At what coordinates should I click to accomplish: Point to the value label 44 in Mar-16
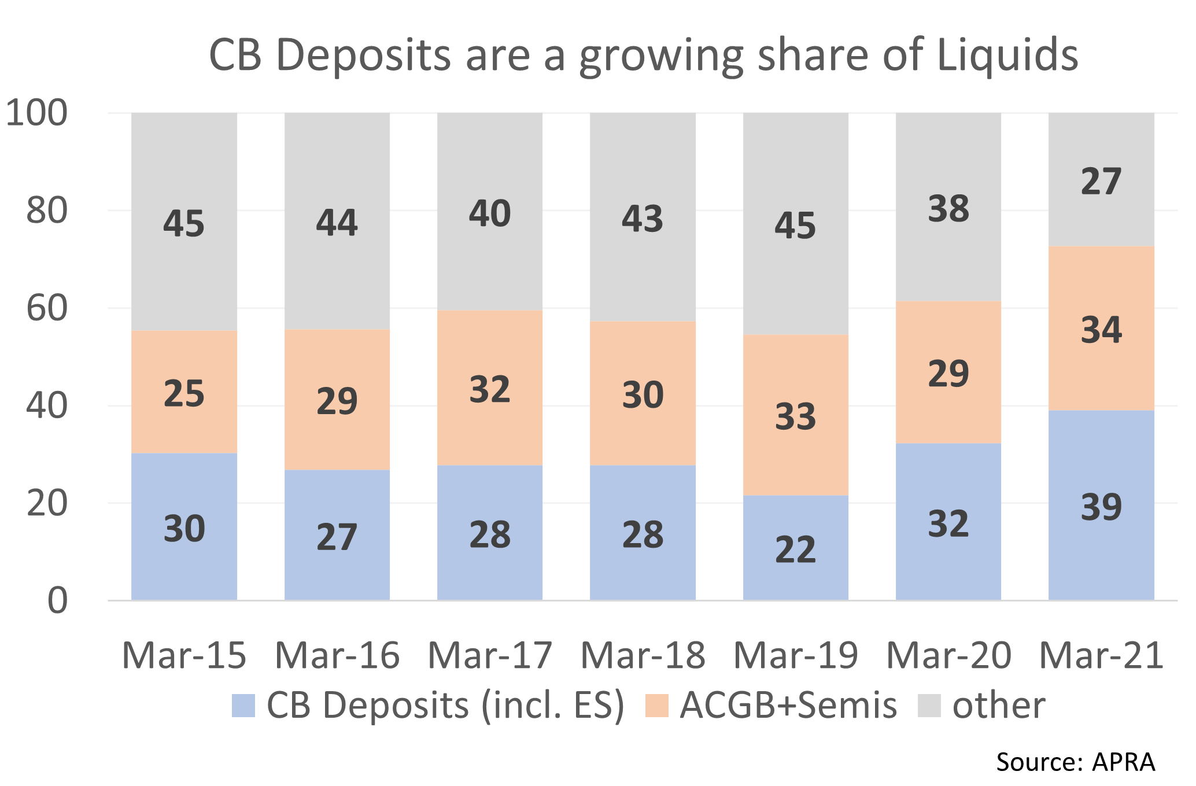[337, 223]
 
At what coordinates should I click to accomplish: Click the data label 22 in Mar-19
[795, 549]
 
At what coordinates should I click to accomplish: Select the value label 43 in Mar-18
[642, 219]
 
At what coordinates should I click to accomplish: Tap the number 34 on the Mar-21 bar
[1101, 330]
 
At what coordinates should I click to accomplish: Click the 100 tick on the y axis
[36, 113]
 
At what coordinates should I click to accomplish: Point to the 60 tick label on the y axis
[46, 308]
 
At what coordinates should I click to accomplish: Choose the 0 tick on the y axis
[57, 601]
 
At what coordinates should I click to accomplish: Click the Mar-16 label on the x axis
[337, 655]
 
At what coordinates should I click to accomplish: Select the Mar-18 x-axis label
[642, 655]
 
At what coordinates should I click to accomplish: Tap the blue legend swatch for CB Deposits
[243, 706]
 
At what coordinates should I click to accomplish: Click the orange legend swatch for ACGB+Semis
[656, 706]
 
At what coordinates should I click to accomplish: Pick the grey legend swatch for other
[929, 706]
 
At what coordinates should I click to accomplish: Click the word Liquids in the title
[1007, 55]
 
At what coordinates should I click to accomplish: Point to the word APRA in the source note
[1123, 762]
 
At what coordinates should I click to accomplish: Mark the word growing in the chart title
[661, 56]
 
